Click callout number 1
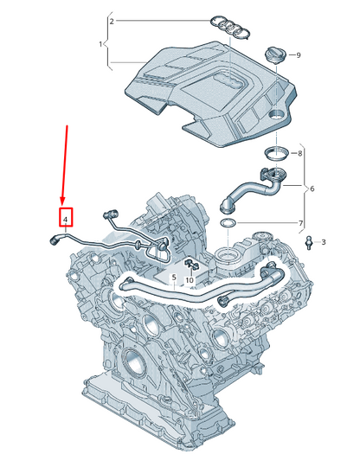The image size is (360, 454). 100,44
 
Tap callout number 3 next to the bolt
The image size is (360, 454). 324,241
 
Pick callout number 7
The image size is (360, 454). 301,224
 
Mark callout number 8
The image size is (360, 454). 300,153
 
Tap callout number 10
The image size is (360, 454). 190,280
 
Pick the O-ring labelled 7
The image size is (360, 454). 227,225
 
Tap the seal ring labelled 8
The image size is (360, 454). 275,154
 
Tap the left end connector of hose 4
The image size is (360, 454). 55,241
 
